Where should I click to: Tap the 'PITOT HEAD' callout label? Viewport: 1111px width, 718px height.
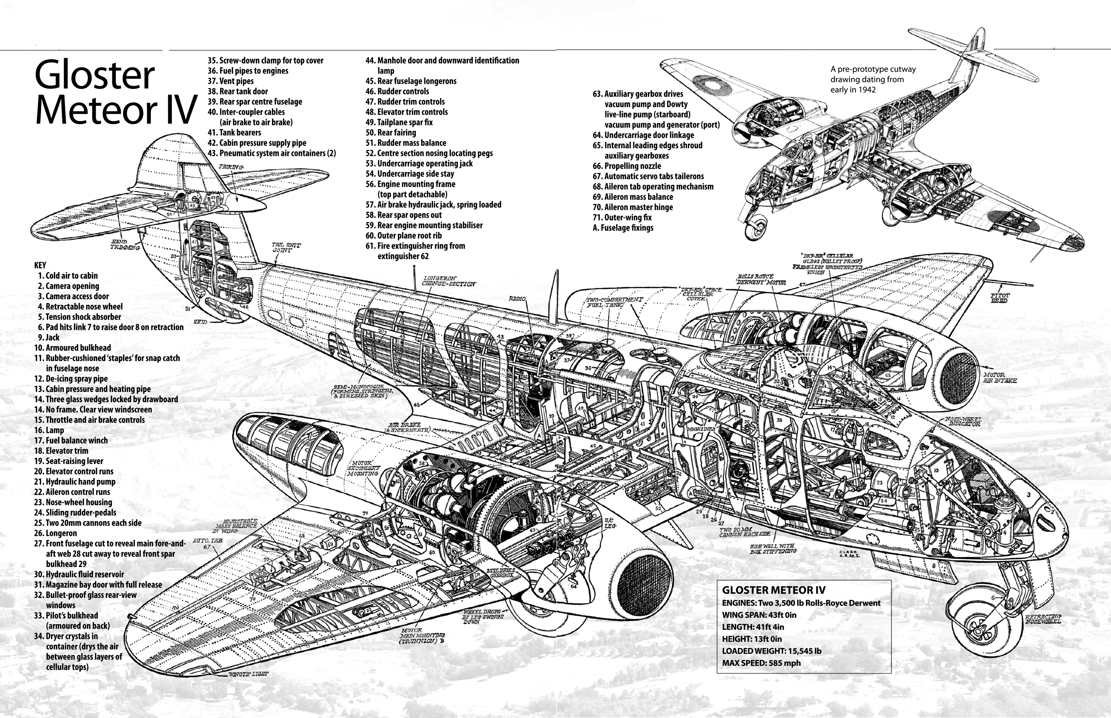(999, 298)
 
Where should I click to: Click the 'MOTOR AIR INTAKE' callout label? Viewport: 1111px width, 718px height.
(1000, 378)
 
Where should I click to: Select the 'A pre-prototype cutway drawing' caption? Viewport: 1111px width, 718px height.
(873, 79)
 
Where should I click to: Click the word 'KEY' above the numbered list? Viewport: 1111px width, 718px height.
(40, 265)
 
